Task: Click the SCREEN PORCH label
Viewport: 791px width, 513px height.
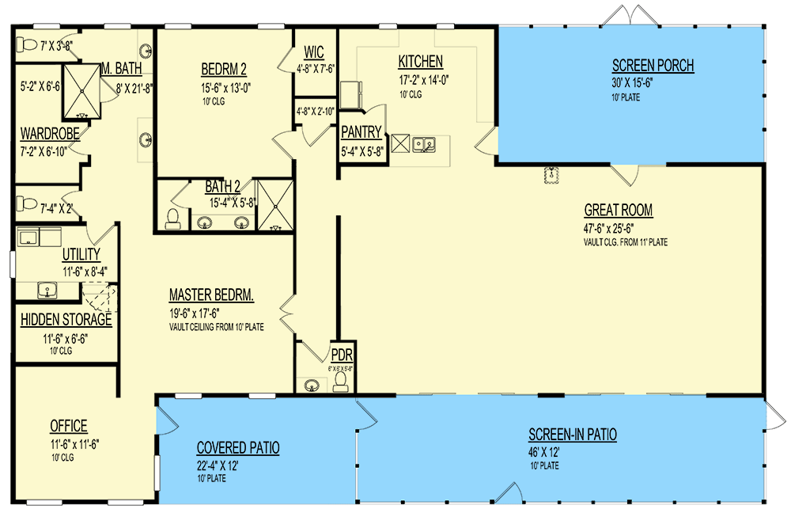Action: tap(653, 66)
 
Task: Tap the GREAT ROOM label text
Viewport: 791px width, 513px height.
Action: tap(618, 210)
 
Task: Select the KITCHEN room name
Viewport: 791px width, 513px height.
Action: tap(420, 62)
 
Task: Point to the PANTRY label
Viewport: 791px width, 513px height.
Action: tap(361, 132)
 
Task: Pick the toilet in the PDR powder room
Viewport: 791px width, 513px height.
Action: tap(341, 382)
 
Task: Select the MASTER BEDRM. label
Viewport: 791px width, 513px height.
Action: tap(211, 295)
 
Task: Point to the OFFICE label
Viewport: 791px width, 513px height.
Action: tap(68, 427)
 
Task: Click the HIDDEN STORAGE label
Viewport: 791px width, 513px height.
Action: tap(66, 321)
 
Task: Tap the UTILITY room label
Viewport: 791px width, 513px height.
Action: tap(81, 254)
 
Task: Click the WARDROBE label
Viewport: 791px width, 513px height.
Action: tap(50, 134)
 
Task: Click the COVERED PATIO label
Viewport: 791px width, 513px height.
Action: tap(237, 448)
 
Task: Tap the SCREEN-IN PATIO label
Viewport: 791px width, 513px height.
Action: tap(573, 435)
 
